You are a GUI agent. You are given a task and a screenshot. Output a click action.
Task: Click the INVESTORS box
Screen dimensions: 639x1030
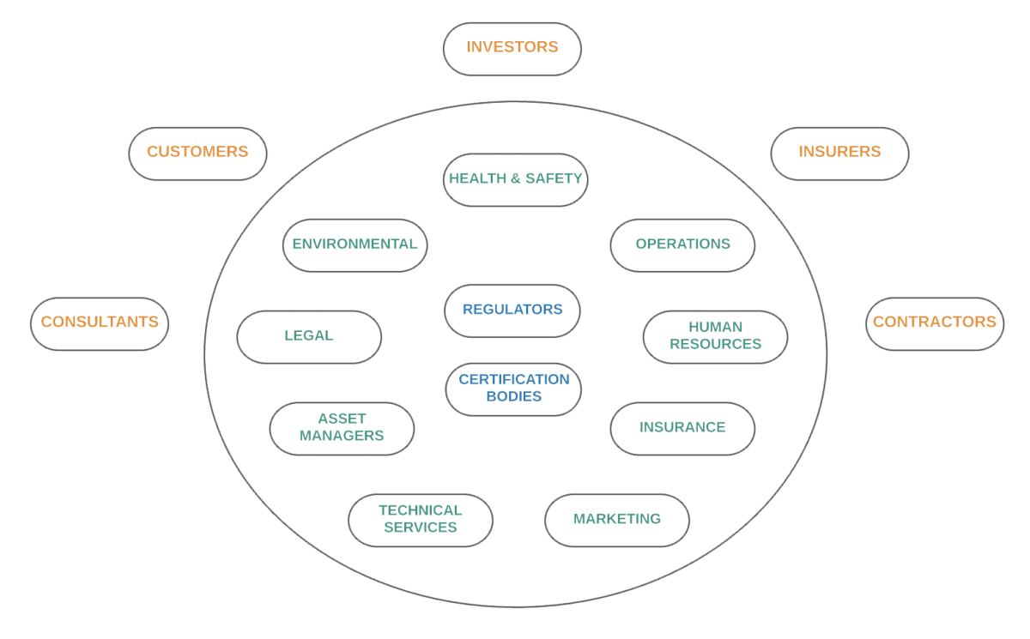[x=512, y=48]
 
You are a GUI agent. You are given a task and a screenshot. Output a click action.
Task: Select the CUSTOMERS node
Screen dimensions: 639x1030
[x=197, y=153]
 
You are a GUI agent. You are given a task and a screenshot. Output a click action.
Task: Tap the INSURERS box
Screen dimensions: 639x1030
[x=839, y=153]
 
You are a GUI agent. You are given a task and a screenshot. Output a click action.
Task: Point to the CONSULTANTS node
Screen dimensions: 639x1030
[x=100, y=323]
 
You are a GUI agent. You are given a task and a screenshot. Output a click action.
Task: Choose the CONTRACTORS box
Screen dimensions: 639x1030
[x=934, y=323]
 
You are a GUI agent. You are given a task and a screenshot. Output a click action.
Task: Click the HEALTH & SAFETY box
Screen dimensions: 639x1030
[x=515, y=179]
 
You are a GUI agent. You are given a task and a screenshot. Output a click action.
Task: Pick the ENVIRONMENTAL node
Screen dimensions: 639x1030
[x=354, y=244]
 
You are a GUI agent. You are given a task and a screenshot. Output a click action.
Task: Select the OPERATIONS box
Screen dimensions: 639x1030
[x=682, y=244]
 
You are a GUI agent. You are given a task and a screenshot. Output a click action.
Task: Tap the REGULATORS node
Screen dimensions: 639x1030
[x=512, y=310]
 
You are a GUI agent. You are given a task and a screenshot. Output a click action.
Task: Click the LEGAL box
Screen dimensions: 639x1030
[x=309, y=336]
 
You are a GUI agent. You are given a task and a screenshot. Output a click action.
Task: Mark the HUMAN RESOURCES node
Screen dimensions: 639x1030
[x=715, y=336]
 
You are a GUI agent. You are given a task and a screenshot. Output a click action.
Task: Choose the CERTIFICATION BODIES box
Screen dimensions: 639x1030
[x=513, y=389]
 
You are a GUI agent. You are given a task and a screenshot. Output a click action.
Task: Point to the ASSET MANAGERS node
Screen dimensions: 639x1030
[x=342, y=428]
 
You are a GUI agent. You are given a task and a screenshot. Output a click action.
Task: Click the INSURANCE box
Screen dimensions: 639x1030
[x=682, y=428]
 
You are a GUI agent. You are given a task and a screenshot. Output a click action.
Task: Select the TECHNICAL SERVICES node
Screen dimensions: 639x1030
[x=421, y=519]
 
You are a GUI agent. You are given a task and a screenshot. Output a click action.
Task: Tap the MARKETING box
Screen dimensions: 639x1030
[x=616, y=519]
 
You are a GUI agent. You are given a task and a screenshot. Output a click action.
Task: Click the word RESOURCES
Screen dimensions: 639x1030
[x=715, y=344]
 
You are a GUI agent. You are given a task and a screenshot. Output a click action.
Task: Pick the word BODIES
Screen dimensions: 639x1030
[x=513, y=397]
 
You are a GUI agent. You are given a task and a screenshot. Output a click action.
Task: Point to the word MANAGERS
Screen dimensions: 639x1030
[x=342, y=436]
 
